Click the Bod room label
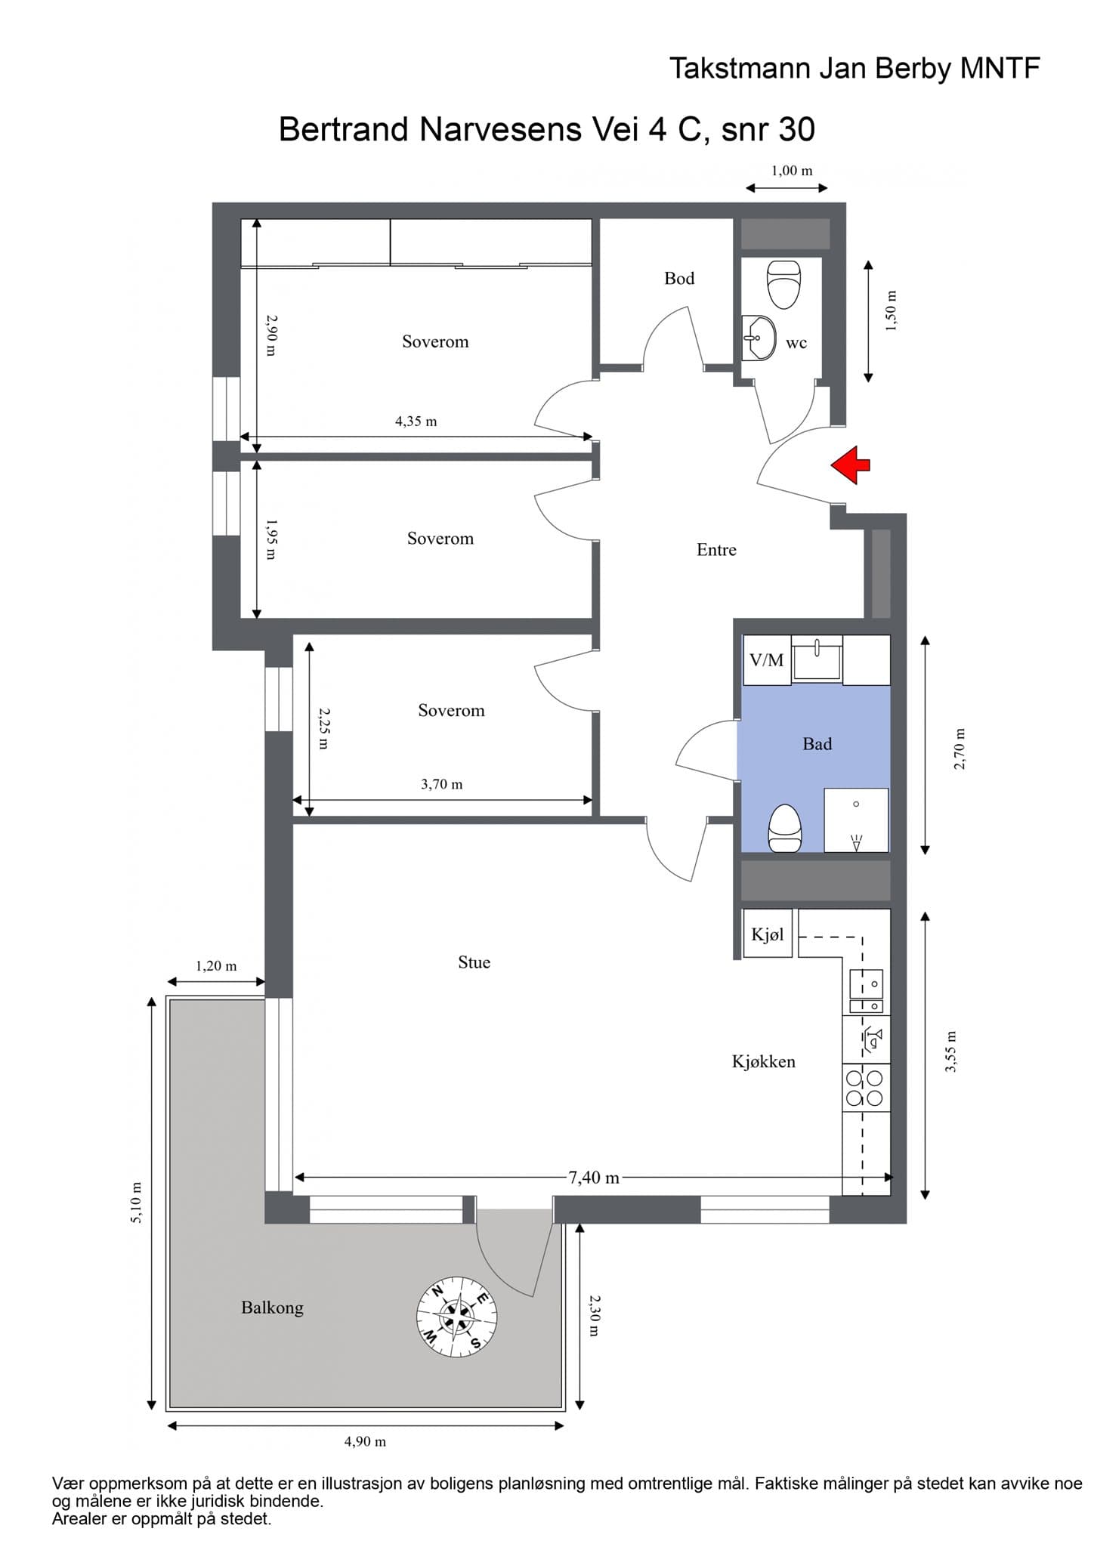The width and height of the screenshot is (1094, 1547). [x=679, y=279]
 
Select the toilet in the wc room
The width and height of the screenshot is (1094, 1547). [x=783, y=283]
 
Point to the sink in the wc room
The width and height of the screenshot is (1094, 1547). [x=759, y=338]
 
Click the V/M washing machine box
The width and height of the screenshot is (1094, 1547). [x=766, y=660]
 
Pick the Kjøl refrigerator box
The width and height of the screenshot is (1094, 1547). [x=768, y=934]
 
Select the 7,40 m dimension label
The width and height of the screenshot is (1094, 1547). [x=593, y=1177]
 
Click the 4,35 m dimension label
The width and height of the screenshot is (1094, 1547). [x=416, y=421]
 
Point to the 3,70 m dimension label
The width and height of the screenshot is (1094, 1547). [x=441, y=784]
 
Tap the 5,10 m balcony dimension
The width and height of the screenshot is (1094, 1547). [x=137, y=1202]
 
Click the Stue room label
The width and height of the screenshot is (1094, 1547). [x=474, y=962]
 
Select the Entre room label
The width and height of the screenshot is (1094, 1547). [x=716, y=550]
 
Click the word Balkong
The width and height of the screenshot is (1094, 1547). [x=272, y=1308]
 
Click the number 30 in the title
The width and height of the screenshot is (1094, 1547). [x=796, y=129]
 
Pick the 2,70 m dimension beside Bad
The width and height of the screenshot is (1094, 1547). [x=960, y=749]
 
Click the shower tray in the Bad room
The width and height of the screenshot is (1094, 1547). [x=856, y=820]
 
